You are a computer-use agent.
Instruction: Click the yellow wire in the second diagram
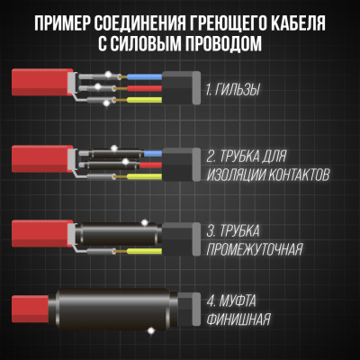[x=153, y=177]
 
